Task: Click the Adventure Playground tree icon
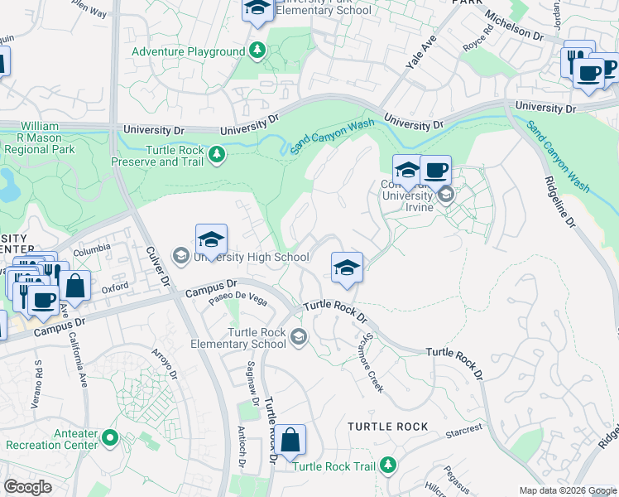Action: [x=257, y=51]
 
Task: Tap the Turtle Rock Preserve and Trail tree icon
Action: [x=217, y=155]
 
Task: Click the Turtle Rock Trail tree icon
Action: [x=387, y=466]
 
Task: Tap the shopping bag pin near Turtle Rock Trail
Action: [x=290, y=441]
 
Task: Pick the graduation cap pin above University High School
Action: [x=211, y=241]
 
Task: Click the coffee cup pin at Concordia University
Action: [x=435, y=171]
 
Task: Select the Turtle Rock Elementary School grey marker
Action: [x=298, y=335]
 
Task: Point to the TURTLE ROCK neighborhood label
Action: [x=388, y=427]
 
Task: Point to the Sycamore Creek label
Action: [x=370, y=364]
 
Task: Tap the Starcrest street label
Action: [x=464, y=431]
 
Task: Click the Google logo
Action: [x=28, y=487]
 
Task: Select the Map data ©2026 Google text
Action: [x=567, y=490]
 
